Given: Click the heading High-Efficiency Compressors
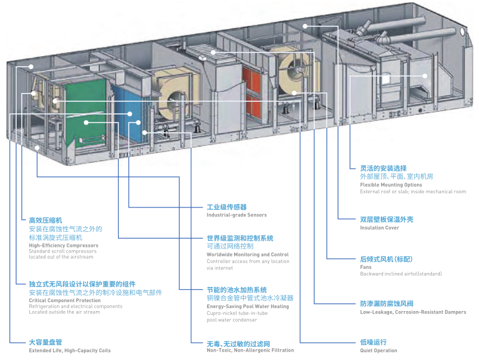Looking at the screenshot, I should [63, 245].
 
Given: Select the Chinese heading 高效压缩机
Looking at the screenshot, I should [45, 221].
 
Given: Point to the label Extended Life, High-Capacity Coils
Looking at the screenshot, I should [70, 350].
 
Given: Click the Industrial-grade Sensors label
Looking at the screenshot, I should [237, 215].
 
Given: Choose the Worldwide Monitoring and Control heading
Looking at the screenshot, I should [247, 255].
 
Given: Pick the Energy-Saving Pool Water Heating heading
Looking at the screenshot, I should [247, 306].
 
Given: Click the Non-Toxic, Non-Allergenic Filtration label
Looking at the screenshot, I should [250, 350].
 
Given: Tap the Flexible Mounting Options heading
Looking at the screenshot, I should [391, 185].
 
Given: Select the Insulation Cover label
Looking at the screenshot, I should [379, 228].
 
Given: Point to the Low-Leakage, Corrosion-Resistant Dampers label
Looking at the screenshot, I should [413, 312].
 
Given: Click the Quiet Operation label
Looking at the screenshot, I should [378, 350].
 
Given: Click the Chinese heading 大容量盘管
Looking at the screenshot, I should [45, 343].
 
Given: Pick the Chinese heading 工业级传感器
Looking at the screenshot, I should [226, 207].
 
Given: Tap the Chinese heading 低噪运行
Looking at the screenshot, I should [373, 342].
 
